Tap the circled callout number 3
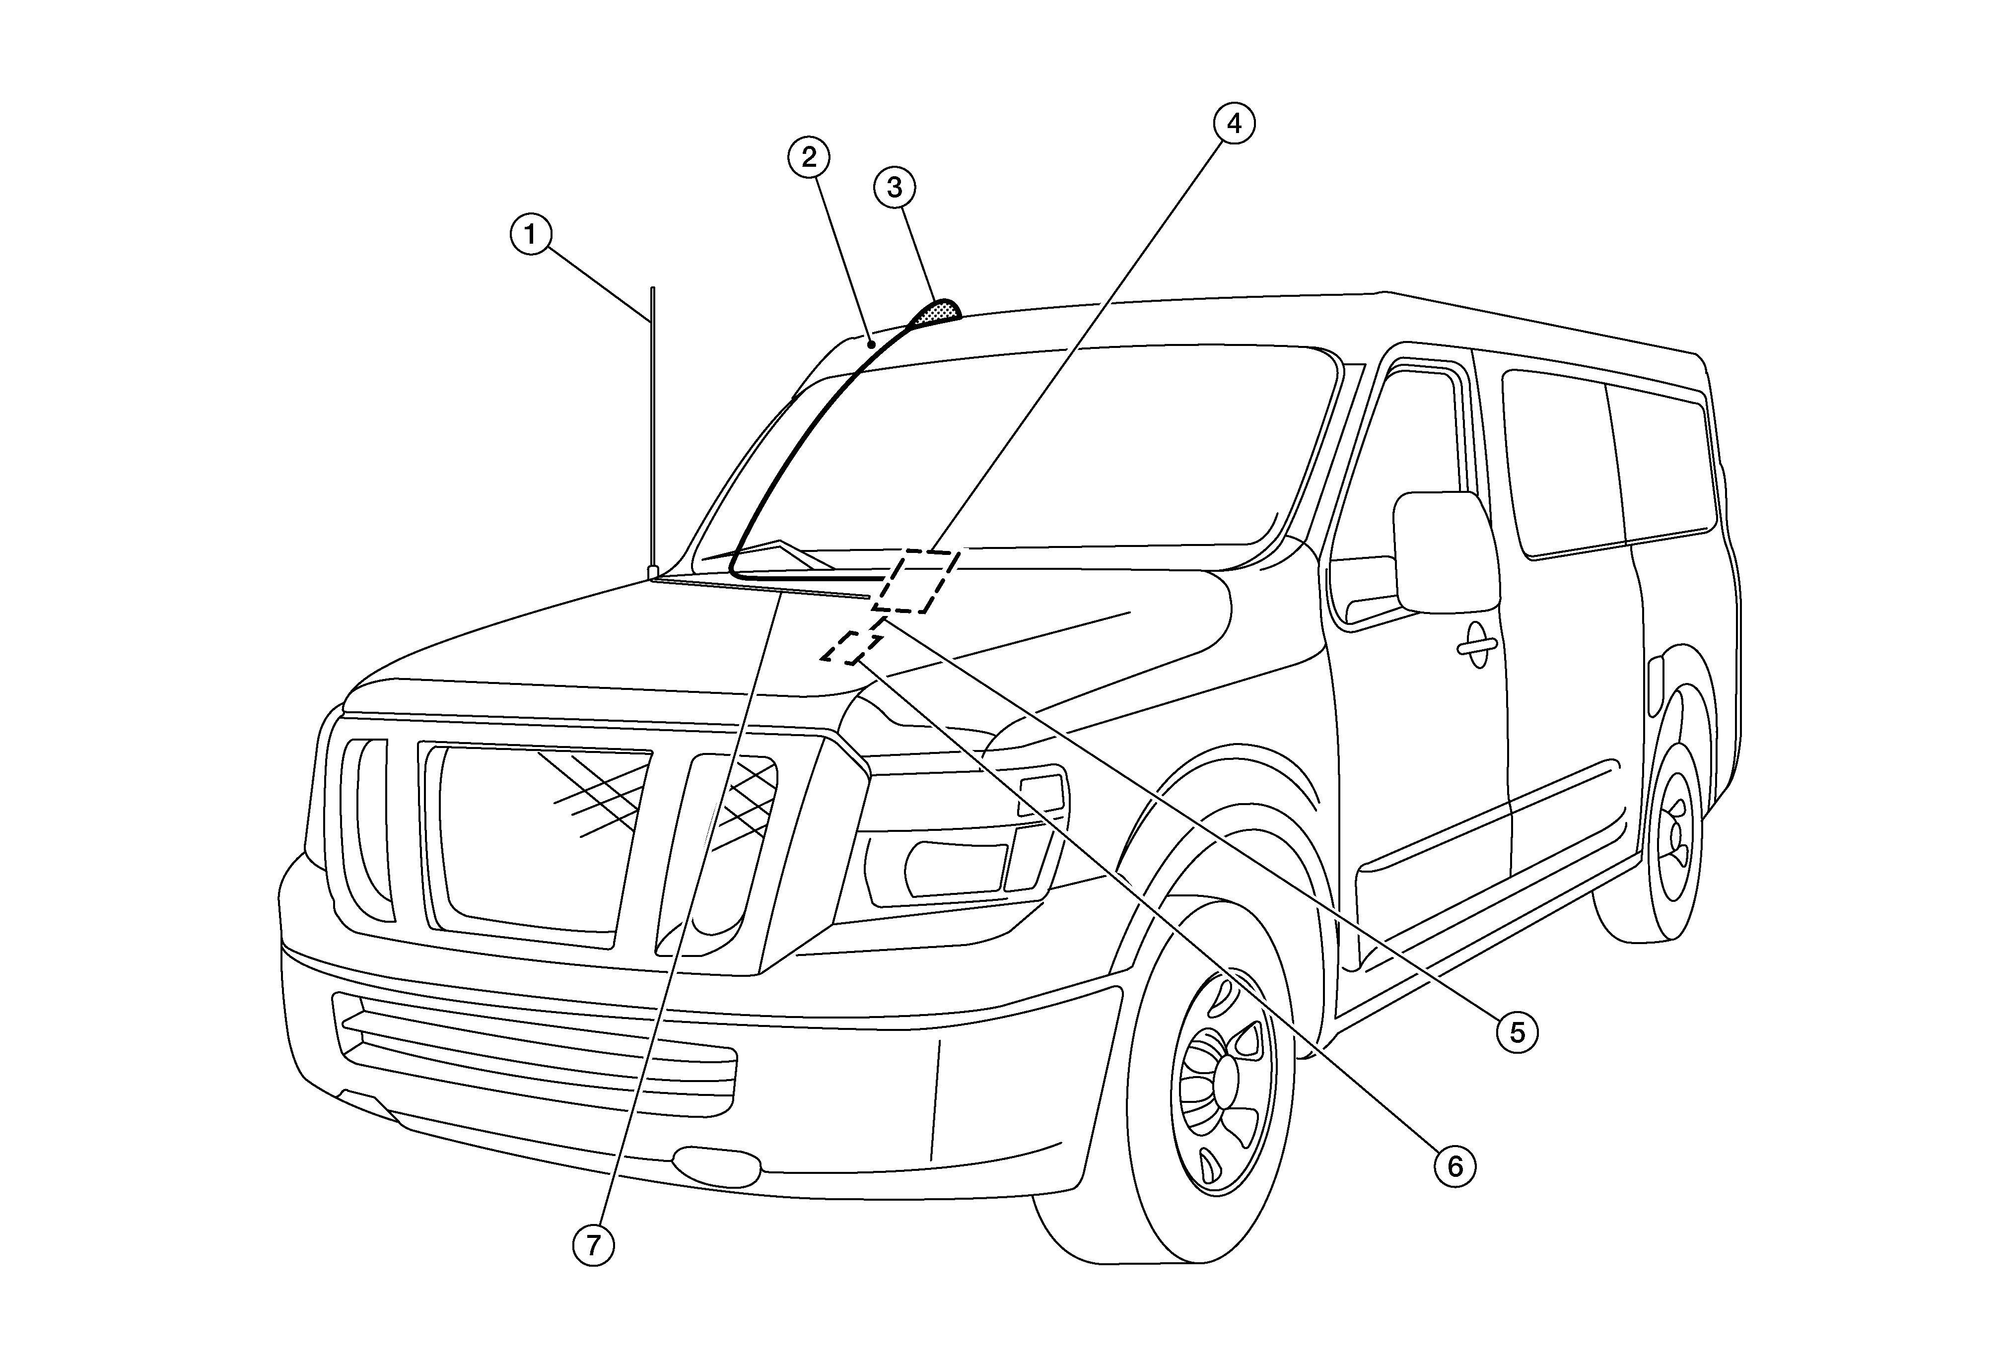tap(894, 187)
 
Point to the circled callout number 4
tap(1235, 124)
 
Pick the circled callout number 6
tap(1455, 1167)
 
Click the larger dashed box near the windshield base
tap(915, 581)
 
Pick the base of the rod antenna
tap(653, 572)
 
